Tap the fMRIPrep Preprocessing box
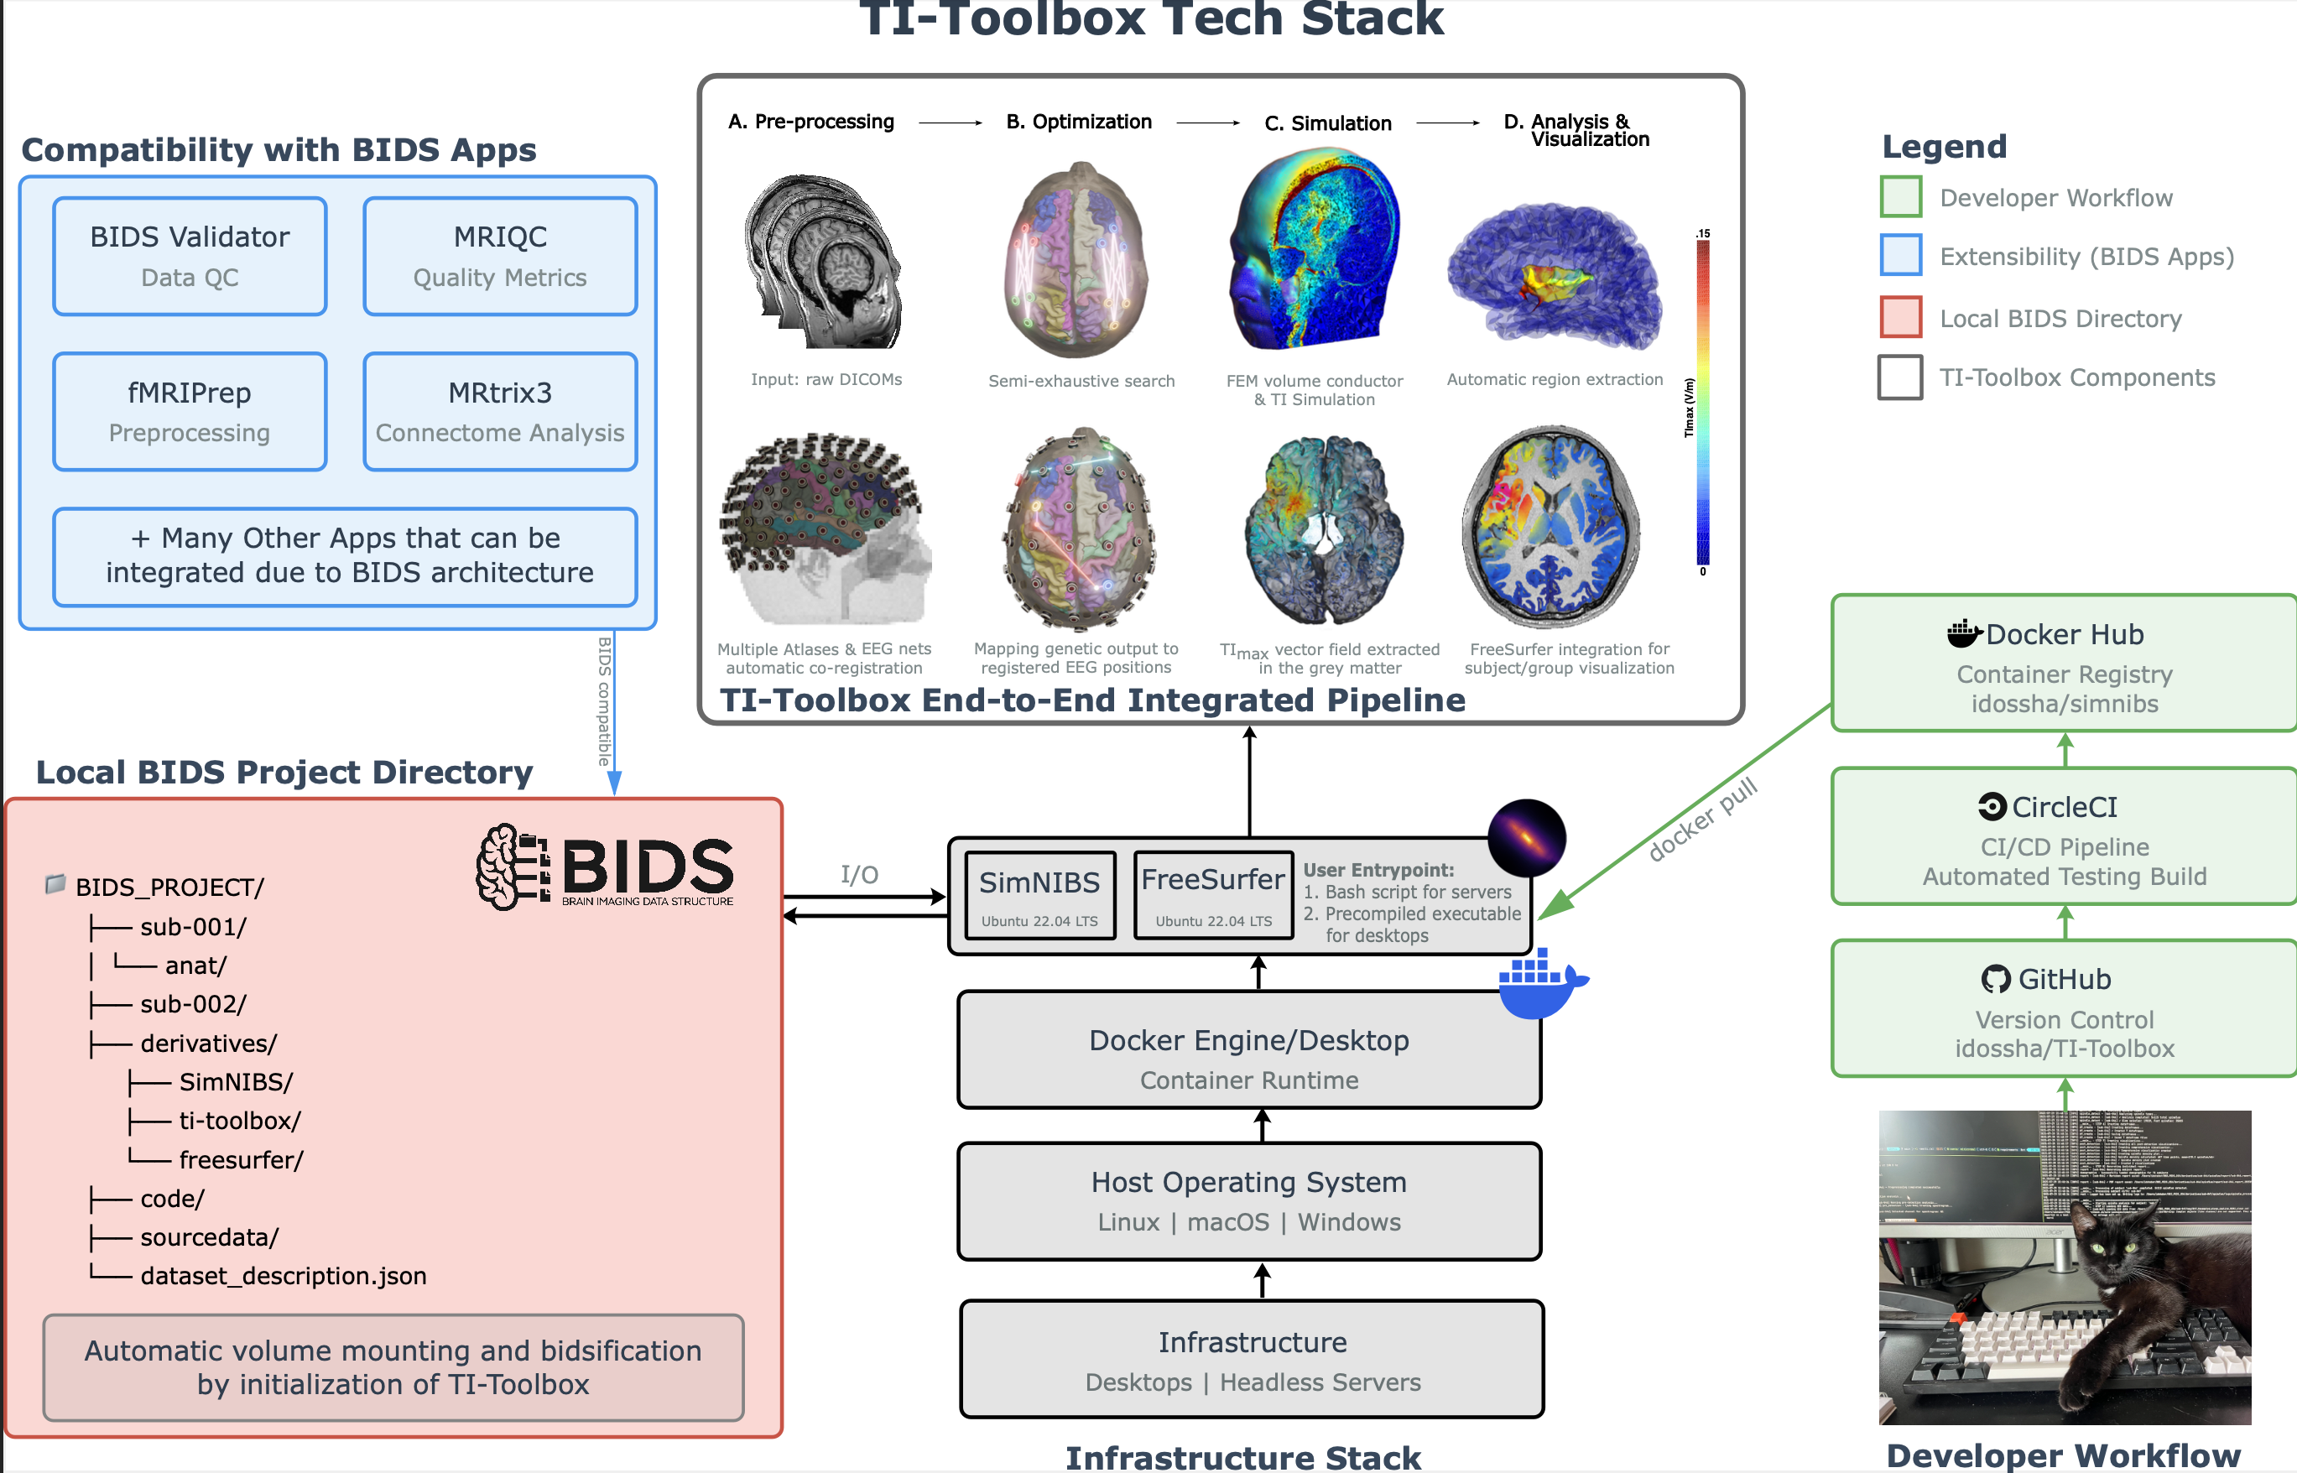tap(190, 411)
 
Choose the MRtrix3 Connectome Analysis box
tap(499, 411)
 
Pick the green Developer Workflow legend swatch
tap(1900, 197)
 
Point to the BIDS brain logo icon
tap(512, 866)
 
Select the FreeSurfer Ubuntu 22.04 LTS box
tap(1212, 895)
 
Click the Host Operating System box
tap(1248, 1200)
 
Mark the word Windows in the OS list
tap(1349, 1222)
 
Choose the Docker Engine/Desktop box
tap(1248, 1049)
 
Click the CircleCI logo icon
tap(1992, 807)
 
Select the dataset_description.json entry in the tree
tap(284, 1276)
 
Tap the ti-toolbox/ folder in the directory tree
tap(239, 1121)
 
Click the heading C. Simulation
tap(1327, 123)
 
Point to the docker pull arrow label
tap(1702, 820)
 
